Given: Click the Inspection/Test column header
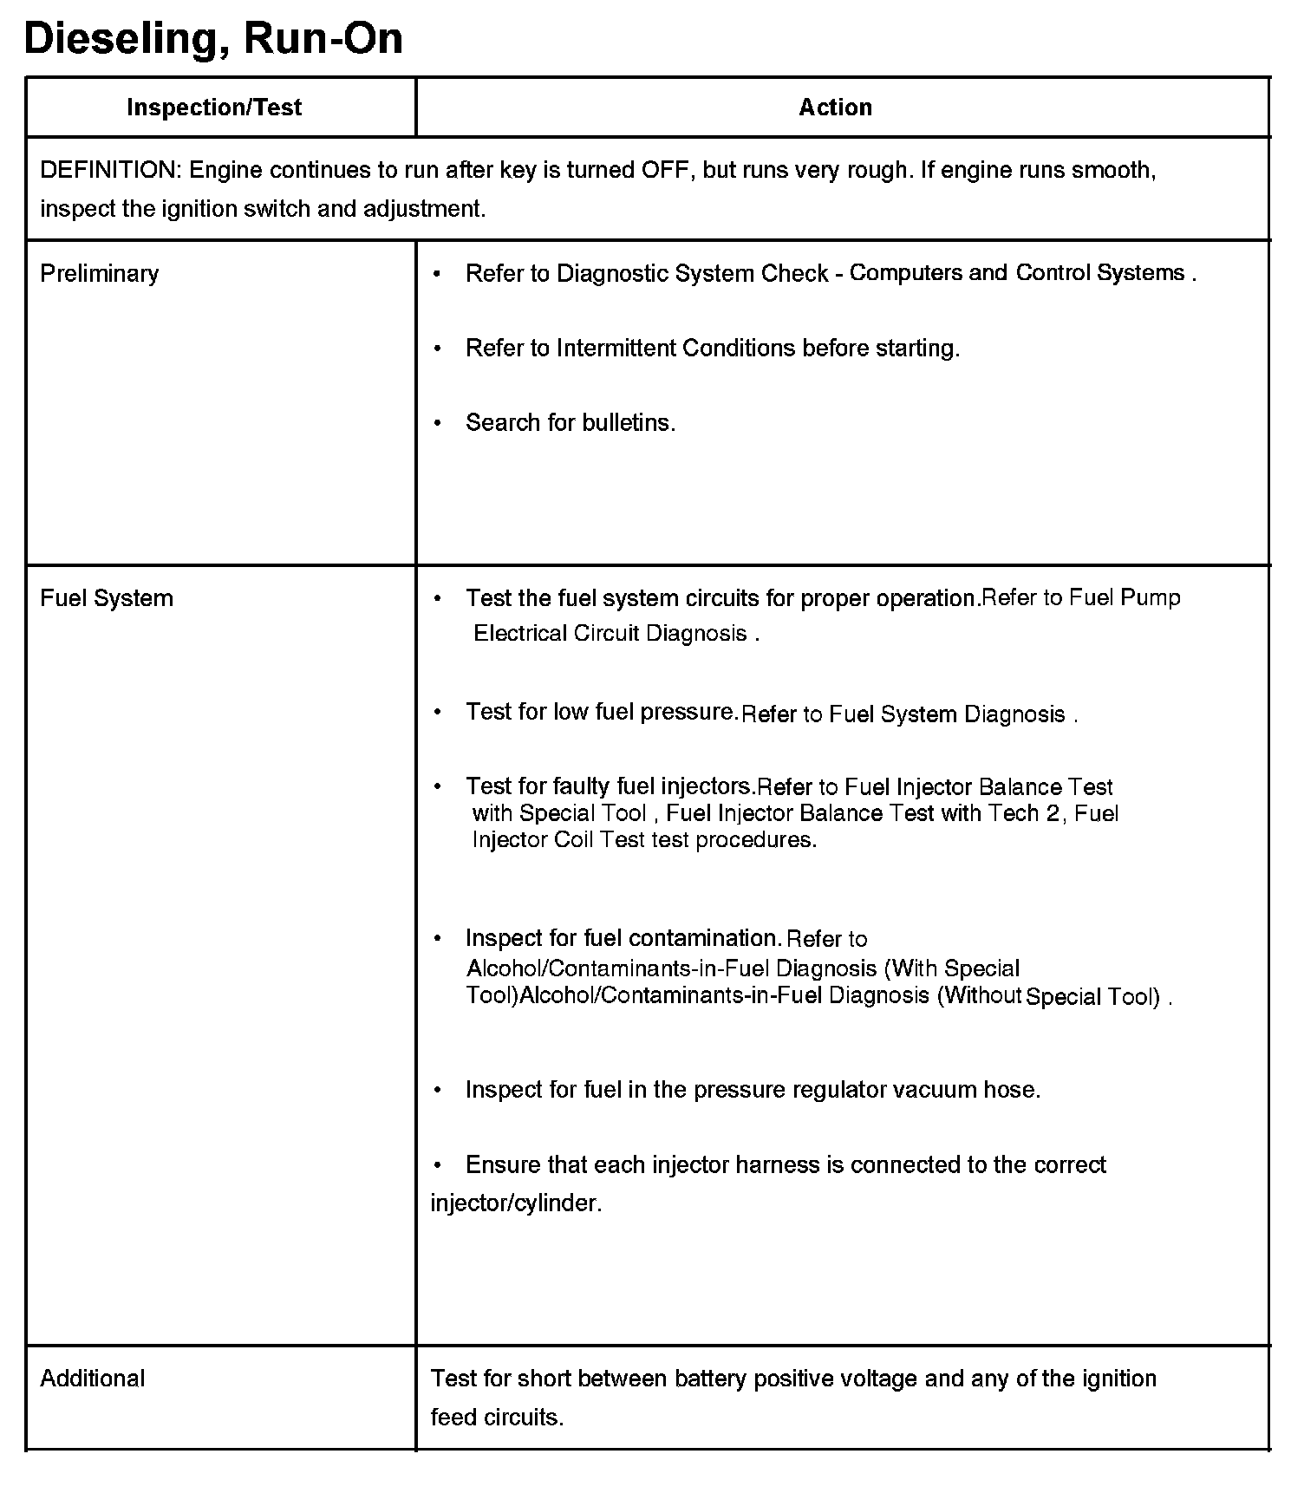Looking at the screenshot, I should pyautogui.click(x=214, y=108).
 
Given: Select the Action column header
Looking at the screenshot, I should pyautogui.click(x=835, y=108).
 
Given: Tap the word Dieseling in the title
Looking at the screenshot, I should pyautogui.click(x=121, y=39).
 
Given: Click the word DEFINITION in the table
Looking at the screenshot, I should pyautogui.click(x=108, y=170).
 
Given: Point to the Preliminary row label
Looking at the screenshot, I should pyautogui.click(x=100, y=274).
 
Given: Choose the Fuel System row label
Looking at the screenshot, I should pyautogui.click(x=107, y=598).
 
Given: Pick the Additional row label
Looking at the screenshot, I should pyautogui.click(x=93, y=1379).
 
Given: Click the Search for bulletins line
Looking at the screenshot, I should pyautogui.click(x=570, y=423).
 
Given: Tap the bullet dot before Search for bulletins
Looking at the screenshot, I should pyautogui.click(x=438, y=423).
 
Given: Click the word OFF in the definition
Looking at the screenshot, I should pyautogui.click(x=665, y=170).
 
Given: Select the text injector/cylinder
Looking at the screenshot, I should pyautogui.click(x=516, y=1203).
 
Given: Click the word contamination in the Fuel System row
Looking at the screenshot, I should pyautogui.click(x=703, y=938).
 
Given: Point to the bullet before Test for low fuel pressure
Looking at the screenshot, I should pyautogui.click(x=438, y=713).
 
